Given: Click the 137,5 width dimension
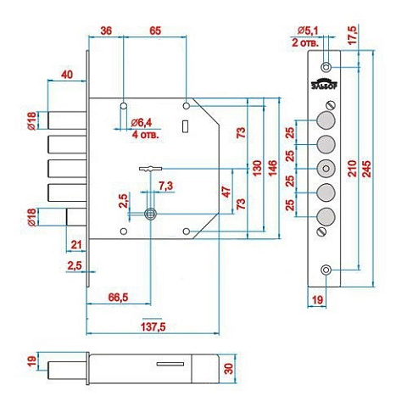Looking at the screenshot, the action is (153, 327).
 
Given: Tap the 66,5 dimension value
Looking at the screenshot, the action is (118, 298).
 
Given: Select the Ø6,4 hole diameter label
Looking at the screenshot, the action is (142, 123).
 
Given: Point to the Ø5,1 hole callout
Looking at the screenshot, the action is (308, 31).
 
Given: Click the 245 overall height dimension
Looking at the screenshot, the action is (367, 169).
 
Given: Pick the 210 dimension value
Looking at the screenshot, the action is (352, 169).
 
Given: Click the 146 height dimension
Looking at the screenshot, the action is (273, 168).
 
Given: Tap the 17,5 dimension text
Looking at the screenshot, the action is (353, 35).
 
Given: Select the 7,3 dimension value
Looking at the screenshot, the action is (166, 186).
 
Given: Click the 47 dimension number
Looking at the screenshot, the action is (226, 192).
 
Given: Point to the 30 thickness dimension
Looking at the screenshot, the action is (228, 369).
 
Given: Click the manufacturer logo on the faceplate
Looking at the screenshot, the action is (325, 84).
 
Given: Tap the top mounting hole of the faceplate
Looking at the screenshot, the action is (326, 68).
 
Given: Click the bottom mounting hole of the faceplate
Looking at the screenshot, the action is (326, 270).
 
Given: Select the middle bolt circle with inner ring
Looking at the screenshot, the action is (326, 169).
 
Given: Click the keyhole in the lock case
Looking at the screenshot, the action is (150, 214).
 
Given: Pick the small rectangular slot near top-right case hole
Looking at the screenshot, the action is (186, 126).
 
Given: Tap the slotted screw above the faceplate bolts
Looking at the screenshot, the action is (331, 105).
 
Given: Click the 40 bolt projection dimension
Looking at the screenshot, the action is (67, 75).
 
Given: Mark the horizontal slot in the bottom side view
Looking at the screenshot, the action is (170, 364).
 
